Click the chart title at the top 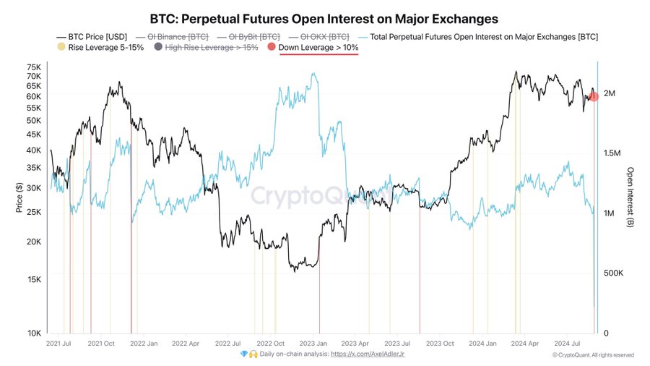[324, 17]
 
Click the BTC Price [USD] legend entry [95, 35]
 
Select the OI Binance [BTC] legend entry [177, 35]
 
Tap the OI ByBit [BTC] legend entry [249, 35]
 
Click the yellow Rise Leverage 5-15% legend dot [60, 48]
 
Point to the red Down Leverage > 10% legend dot [272, 48]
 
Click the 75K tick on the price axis [34, 67]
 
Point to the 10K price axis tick [34, 333]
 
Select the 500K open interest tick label [614, 273]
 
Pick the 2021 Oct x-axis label [102, 344]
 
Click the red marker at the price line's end [594, 96]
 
